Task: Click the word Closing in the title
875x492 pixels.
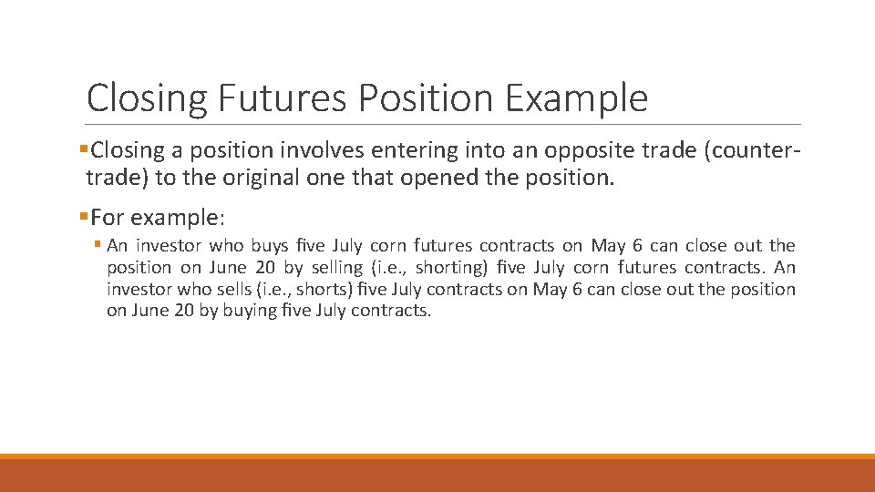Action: click(x=147, y=97)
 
